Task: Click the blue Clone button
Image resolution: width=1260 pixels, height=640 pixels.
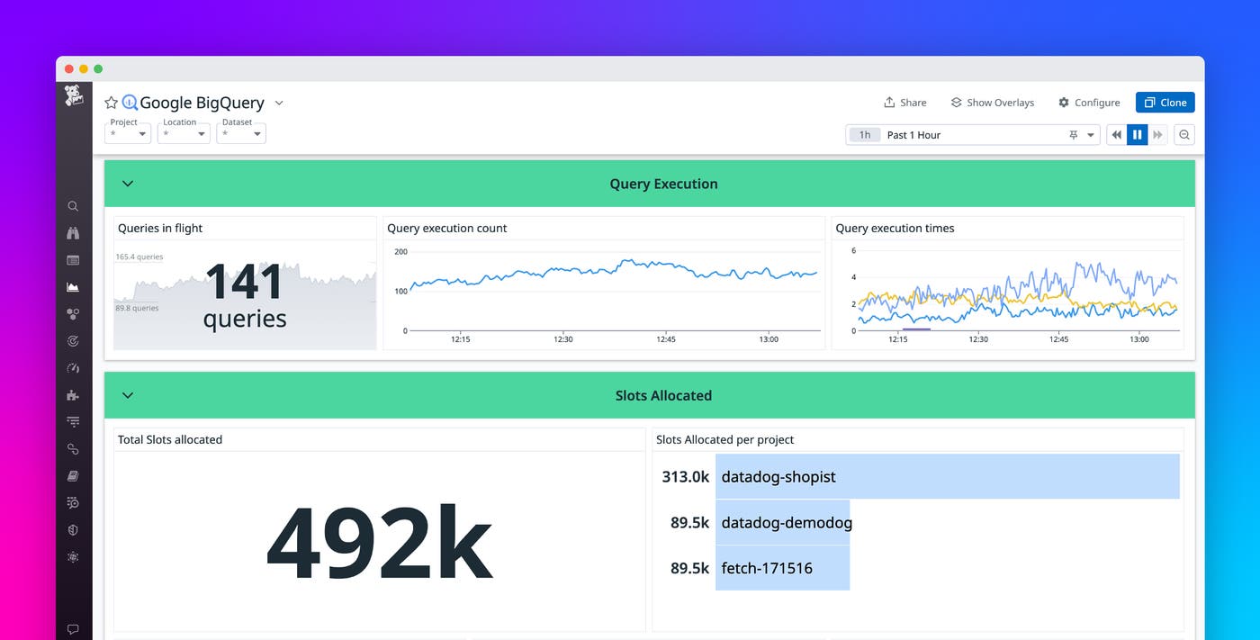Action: click(1165, 103)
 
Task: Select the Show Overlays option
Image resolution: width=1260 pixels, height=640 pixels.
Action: click(992, 103)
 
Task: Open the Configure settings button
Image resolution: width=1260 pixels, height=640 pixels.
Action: click(1089, 103)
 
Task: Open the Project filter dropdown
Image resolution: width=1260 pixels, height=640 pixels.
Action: click(128, 133)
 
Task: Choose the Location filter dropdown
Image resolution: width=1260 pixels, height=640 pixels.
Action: click(184, 133)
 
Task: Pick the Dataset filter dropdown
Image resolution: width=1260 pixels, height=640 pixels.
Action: click(240, 133)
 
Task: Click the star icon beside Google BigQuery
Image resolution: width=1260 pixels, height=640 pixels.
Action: click(111, 103)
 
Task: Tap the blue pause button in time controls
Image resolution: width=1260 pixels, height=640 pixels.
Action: click(1137, 135)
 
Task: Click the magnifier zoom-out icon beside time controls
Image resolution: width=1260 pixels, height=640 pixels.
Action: click(1184, 135)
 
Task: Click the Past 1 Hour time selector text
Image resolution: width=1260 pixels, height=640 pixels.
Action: click(913, 135)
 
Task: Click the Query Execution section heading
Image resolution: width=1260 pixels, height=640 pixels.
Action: click(663, 184)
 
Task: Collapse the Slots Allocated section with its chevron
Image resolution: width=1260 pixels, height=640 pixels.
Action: click(128, 395)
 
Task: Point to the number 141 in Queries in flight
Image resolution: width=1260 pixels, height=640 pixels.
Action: click(244, 282)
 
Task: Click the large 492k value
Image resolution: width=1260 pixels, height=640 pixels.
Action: click(379, 544)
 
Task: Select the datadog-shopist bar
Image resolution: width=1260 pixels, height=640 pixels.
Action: click(947, 476)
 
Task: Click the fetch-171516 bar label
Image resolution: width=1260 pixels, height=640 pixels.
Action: click(767, 568)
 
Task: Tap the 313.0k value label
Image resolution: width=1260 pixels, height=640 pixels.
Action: click(685, 476)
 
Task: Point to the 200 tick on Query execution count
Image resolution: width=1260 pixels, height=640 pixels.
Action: click(400, 252)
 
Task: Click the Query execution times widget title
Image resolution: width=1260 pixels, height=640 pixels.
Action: click(895, 229)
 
